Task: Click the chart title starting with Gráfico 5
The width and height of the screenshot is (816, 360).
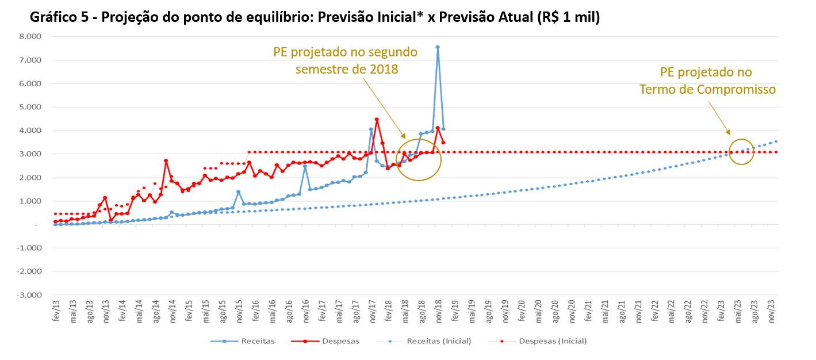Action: click(x=315, y=17)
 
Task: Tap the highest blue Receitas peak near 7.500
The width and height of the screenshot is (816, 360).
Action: click(x=438, y=47)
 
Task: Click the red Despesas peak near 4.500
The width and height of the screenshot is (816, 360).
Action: click(x=377, y=120)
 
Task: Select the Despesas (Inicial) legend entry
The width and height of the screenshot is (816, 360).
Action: click(x=553, y=341)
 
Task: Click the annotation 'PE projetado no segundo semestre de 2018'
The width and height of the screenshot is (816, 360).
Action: click(x=345, y=60)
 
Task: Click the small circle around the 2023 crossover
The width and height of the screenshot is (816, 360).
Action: click(x=742, y=151)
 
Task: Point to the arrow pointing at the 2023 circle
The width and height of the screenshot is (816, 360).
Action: click(x=719, y=118)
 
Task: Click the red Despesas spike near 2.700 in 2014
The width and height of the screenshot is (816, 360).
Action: click(x=166, y=161)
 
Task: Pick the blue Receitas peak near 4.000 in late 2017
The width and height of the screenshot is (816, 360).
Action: click(x=371, y=129)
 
